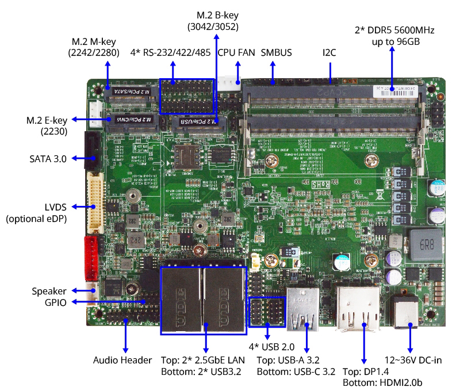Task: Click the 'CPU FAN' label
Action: [x=236, y=53]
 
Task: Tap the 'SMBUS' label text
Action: [x=276, y=53]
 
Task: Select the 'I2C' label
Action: [x=329, y=53]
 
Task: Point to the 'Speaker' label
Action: [x=49, y=291]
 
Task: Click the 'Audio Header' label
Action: [x=122, y=360]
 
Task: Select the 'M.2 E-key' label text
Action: [x=47, y=120]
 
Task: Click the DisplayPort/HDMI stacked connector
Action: [x=358, y=309]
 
